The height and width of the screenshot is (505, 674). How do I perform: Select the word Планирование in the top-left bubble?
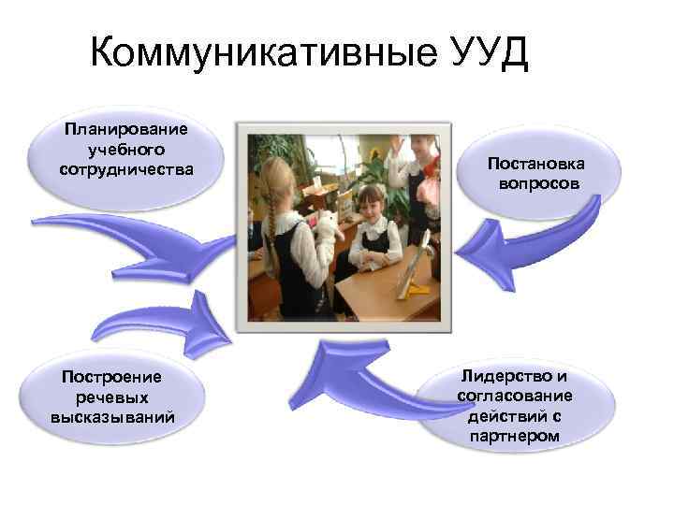pyautogui.click(x=125, y=129)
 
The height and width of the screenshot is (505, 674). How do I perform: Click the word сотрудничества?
pyautogui.click(x=125, y=170)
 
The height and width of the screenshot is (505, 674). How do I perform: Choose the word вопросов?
pyautogui.click(x=537, y=183)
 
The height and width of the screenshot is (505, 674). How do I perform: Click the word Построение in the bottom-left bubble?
pyautogui.click(x=111, y=376)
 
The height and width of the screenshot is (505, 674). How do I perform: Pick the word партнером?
pyautogui.click(x=514, y=437)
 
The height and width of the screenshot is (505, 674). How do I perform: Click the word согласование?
pyautogui.click(x=514, y=397)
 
